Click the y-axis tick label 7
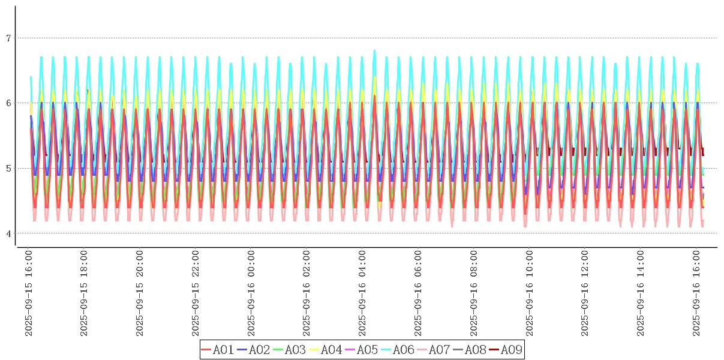8,38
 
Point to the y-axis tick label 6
8,103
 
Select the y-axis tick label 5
8,168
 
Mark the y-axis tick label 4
8,233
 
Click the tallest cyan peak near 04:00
374,51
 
